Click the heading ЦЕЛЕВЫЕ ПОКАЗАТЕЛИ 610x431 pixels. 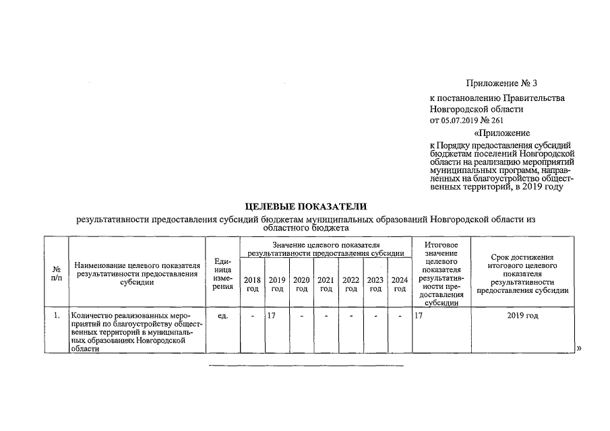pyautogui.click(x=305, y=206)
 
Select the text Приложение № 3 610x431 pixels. pyautogui.click(x=501, y=84)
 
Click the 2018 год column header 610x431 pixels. pyautogui.click(x=252, y=284)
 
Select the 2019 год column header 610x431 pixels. pyautogui.click(x=276, y=284)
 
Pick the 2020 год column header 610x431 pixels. pyautogui.click(x=301, y=284)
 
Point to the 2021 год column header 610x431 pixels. pyautogui.click(x=326, y=284)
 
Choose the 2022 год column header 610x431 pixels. pyautogui.click(x=350, y=284)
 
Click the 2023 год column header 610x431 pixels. pyautogui.click(x=375, y=284)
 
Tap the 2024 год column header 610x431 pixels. pyautogui.click(x=400, y=284)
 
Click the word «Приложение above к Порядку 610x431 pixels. pyautogui.click(x=501, y=133)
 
